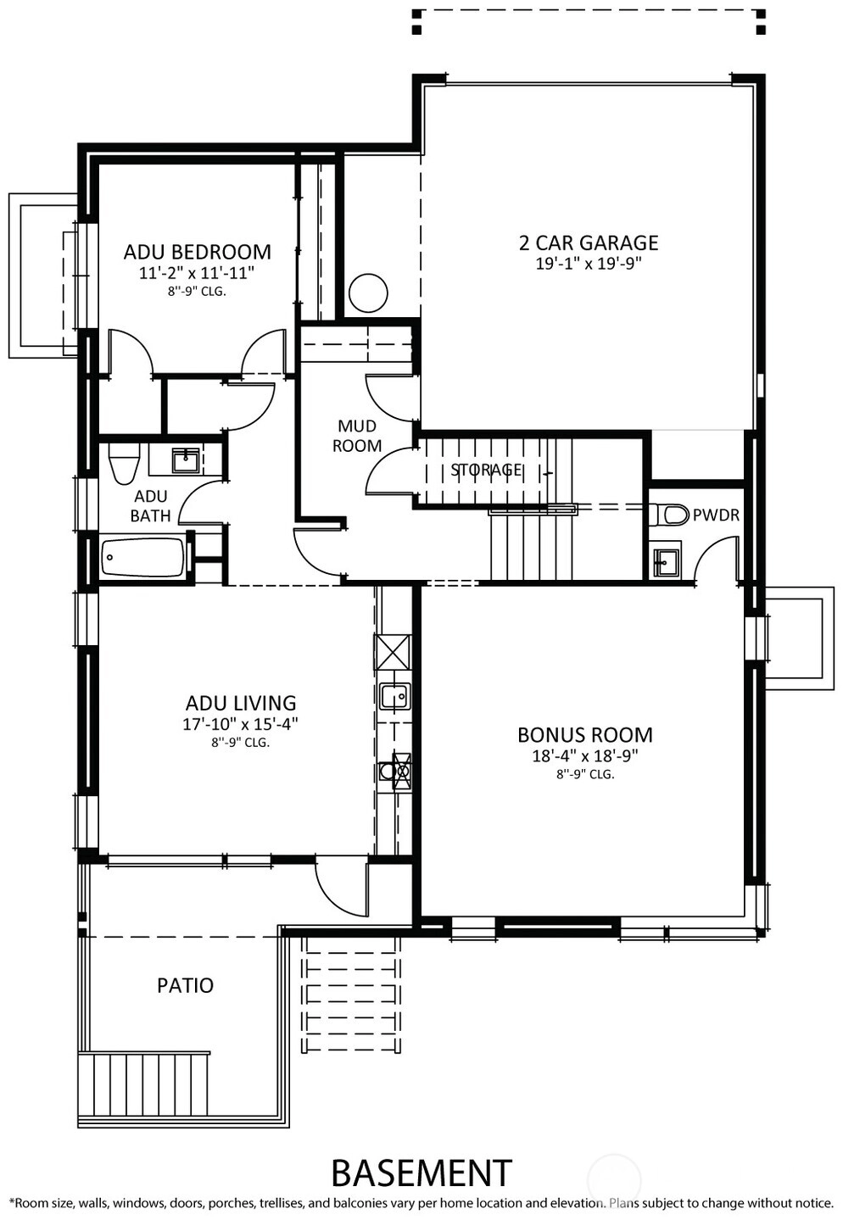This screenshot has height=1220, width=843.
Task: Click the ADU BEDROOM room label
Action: point(198,252)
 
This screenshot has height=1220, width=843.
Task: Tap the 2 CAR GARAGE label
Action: point(589,243)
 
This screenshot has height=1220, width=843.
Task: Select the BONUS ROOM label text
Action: point(584,735)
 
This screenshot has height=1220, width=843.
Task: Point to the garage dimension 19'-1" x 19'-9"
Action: point(588,265)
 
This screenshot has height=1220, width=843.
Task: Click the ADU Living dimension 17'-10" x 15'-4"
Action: point(240,724)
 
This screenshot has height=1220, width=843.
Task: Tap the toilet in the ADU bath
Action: point(124,462)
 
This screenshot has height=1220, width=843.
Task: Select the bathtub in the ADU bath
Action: point(142,557)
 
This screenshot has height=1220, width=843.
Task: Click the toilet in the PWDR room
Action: point(670,514)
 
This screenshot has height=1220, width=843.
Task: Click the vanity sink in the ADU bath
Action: point(185,460)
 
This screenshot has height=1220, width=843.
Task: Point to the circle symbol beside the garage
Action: point(368,293)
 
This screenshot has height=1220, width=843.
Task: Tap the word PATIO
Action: point(185,984)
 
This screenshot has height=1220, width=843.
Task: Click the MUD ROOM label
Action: point(357,436)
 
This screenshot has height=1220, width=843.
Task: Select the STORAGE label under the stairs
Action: point(486,470)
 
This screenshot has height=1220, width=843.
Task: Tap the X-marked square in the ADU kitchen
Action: point(393,652)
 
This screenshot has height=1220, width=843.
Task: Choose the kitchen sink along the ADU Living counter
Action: point(394,697)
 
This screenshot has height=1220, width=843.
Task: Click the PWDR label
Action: point(716,515)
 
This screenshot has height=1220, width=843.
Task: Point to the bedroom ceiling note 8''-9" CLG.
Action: point(197,292)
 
